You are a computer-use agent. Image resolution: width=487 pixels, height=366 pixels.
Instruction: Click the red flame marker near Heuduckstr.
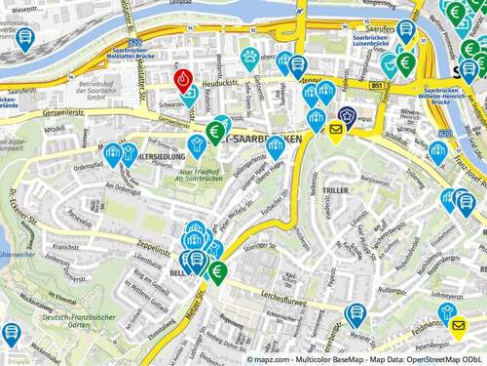point(182,80)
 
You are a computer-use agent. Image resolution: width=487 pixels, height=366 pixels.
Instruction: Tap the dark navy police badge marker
point(345,115)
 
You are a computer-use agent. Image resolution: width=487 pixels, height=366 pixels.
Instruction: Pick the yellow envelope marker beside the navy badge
point(336,130)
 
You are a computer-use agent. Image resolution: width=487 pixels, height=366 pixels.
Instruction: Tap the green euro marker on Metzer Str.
point(218,270)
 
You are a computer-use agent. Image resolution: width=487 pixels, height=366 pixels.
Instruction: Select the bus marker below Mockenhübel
point(11,333)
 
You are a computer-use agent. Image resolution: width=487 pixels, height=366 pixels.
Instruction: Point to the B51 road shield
point(375,88)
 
